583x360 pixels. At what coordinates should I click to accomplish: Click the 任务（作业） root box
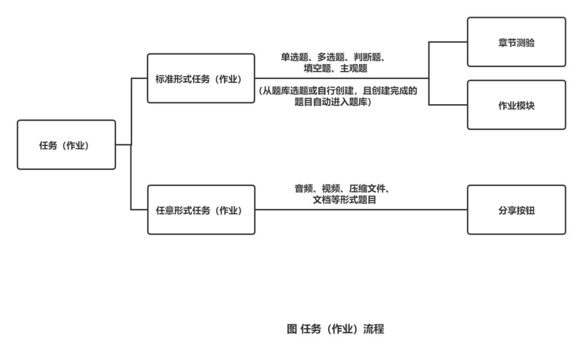(x=66, y=145)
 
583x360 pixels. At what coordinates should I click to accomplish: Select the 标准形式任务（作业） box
(x=201, y=78)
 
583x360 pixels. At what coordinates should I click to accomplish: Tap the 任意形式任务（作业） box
(x=201, y=210)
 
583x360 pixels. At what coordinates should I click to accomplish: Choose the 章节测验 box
(x=516, y=42)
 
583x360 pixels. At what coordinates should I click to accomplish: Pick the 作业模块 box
(x=516, y=105)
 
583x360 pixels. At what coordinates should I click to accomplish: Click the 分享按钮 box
(x=516, y=210)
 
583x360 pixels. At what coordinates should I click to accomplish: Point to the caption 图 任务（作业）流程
(x=335, y=329)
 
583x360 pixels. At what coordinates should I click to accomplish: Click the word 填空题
(x=316, y=67)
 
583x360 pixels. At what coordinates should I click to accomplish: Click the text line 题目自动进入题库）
(x=336, y=102)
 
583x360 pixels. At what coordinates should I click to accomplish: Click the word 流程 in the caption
(x=374, y=329)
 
